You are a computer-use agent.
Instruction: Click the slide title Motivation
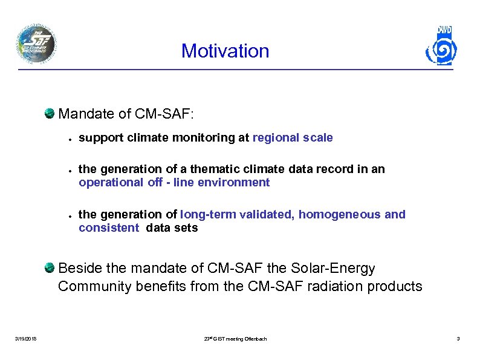point(225,51)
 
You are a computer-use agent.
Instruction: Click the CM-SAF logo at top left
point(37,44)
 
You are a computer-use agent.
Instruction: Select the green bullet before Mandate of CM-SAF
point(50,113)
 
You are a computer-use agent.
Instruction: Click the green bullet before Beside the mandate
point(50,267)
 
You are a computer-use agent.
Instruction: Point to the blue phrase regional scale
point(292,137)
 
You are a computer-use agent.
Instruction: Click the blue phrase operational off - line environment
point(174,182)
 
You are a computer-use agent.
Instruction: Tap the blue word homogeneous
point(338,214)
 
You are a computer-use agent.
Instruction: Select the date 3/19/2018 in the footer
point(25,339)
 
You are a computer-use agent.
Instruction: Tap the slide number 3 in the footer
point(458,339)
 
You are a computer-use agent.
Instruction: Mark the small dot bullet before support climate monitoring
point(70,139)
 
